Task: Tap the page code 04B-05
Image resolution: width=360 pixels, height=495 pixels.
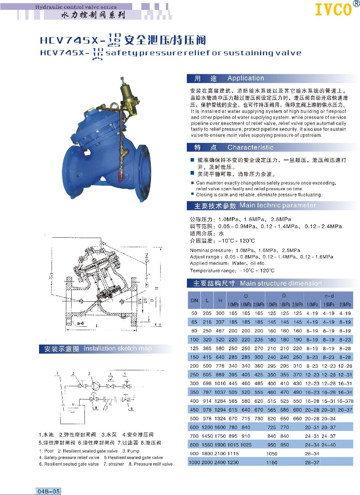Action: coord(48,491)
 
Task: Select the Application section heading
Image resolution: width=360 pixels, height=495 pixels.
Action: coord(246,78)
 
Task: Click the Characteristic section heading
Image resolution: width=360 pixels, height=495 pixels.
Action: coord(250,147)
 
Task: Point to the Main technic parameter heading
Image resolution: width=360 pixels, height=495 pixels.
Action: coord(277,205)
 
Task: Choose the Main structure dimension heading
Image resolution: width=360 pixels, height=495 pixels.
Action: coord(280,284)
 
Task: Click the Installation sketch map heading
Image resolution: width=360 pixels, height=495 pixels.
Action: coord(117,349)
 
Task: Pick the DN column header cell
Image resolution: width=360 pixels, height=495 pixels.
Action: coord(194,300)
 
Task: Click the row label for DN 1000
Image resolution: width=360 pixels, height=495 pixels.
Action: coord(194,462)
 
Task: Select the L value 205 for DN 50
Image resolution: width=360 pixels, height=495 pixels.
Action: coord(207,313)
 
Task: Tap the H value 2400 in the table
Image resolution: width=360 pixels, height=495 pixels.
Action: coord(220,462)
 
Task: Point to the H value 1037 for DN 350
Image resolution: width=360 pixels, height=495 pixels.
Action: coord(220,392)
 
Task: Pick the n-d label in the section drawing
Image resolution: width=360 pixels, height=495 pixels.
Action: coord(80,323)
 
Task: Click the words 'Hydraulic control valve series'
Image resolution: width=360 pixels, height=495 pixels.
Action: coord(76,7)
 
